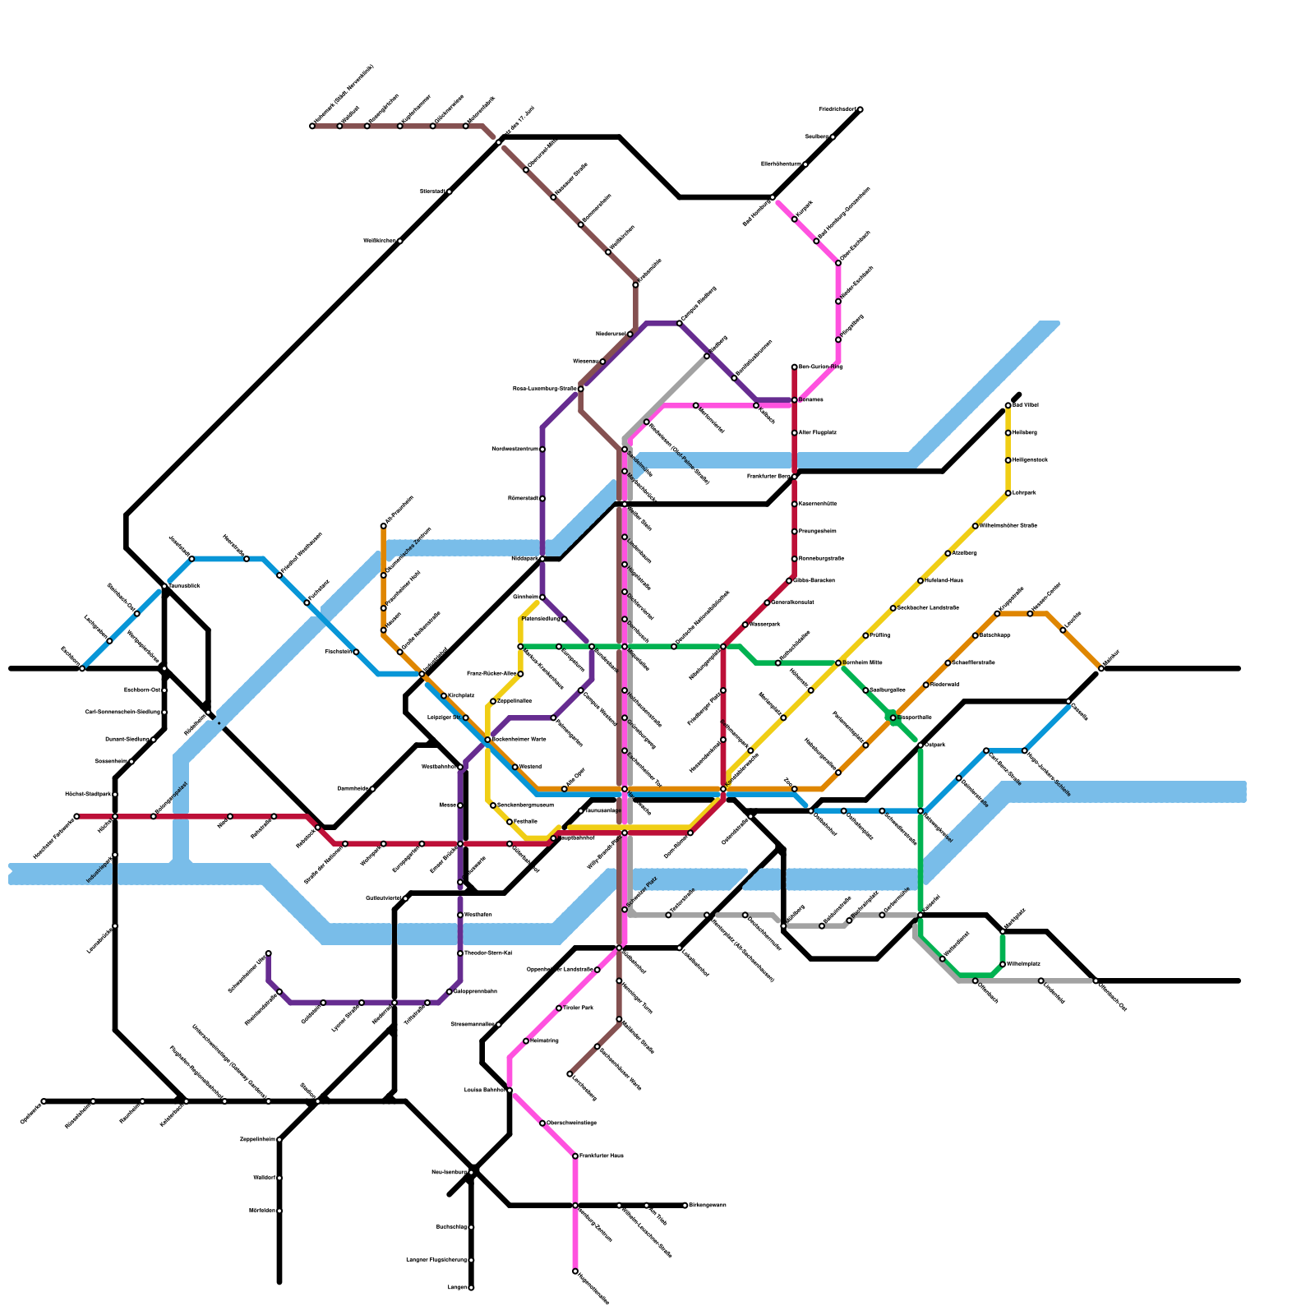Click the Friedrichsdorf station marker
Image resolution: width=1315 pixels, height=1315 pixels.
pyautogui.click(x=860, y=109)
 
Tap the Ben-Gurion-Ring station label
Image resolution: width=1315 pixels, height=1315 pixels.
pyautogui.click(x=820, y=367)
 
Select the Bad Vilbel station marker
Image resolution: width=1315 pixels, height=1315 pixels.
pyautogui.click(x=1008, y=405)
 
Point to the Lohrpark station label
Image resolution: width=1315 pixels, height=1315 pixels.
pyautogui.click(x=1025, y=493)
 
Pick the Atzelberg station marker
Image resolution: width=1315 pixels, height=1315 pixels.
pyautogui.click(x=948, y=553)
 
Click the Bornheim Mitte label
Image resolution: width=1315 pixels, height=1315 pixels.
pyautogui.click(x=862, y=662)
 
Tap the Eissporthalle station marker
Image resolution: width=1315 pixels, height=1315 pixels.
pyautogui.click(x=893, y=717)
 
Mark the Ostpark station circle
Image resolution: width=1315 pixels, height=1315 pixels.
pyautogui.click(x=920, y=745)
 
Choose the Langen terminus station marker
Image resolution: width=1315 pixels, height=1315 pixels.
pyautogui.click(x=471, y=1287)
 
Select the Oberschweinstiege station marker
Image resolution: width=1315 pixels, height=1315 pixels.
pyautogui.click(x=542, y=1123)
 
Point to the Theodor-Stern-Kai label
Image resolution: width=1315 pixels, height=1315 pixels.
pyautogui.click(x=489, y=953)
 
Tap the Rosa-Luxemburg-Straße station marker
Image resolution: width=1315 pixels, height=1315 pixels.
pyautogui.click(x=581, y=389)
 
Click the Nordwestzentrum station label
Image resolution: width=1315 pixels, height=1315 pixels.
pyautogui.click(x=515, y=449)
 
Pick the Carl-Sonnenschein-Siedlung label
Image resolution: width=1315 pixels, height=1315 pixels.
pyautogui.click(x=122, y=712)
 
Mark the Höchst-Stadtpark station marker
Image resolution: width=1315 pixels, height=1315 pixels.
pyautogui.click(x=115, y=795)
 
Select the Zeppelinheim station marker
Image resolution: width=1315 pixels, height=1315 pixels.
pyautogui.click(x=279, y=1139)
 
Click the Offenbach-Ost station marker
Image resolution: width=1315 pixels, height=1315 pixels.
pyautogui.click(x=1096, y=980)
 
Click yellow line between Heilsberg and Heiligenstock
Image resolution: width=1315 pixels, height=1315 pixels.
pyautogui.click(x=1008, y=446)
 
